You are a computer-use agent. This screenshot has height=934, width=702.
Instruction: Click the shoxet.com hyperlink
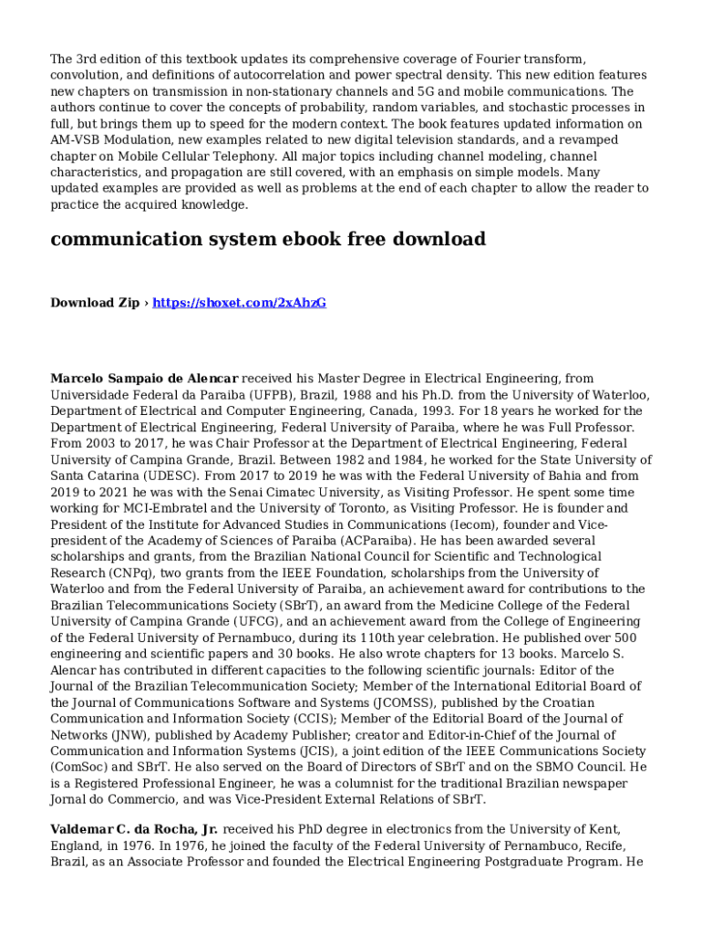tap(239, 303)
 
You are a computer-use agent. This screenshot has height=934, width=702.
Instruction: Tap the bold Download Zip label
tap(95, 303)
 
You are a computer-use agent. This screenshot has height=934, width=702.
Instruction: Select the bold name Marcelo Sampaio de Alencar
tap(144, 378)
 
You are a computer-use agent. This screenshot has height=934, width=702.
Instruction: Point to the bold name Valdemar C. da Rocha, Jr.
tap(134, 829)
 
